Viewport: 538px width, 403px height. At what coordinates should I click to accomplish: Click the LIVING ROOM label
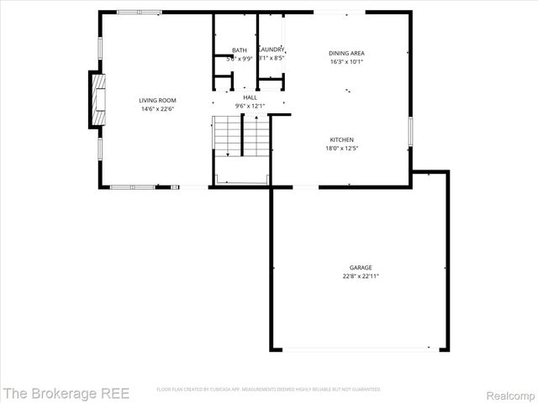pos(157,100)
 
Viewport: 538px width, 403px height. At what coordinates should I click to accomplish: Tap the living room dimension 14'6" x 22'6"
pos(157,107)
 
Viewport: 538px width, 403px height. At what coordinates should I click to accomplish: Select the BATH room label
pos(239,50)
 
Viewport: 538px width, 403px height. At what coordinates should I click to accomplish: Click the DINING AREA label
pos(346,53)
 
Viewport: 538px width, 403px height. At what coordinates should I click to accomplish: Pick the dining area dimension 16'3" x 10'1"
pos(346,61)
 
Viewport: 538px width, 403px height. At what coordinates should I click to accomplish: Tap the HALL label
pos(250,97)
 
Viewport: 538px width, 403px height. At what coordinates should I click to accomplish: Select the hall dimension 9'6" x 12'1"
pos(250,106)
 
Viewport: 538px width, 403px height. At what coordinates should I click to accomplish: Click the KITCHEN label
pos(340,139)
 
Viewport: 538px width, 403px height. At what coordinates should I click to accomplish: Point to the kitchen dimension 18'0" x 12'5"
pos(340,148)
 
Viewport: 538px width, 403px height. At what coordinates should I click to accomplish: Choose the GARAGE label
pos(361,267)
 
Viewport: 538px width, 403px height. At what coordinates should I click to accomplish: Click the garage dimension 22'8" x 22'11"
pos(361,275)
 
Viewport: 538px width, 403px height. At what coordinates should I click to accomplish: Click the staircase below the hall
pos(241,134)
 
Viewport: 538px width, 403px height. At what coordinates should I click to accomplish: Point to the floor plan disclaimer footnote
pos(268,390)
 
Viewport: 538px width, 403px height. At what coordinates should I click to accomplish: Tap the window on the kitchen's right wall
pos(411,132)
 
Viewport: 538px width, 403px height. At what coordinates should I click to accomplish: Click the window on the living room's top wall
pos(140,12)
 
